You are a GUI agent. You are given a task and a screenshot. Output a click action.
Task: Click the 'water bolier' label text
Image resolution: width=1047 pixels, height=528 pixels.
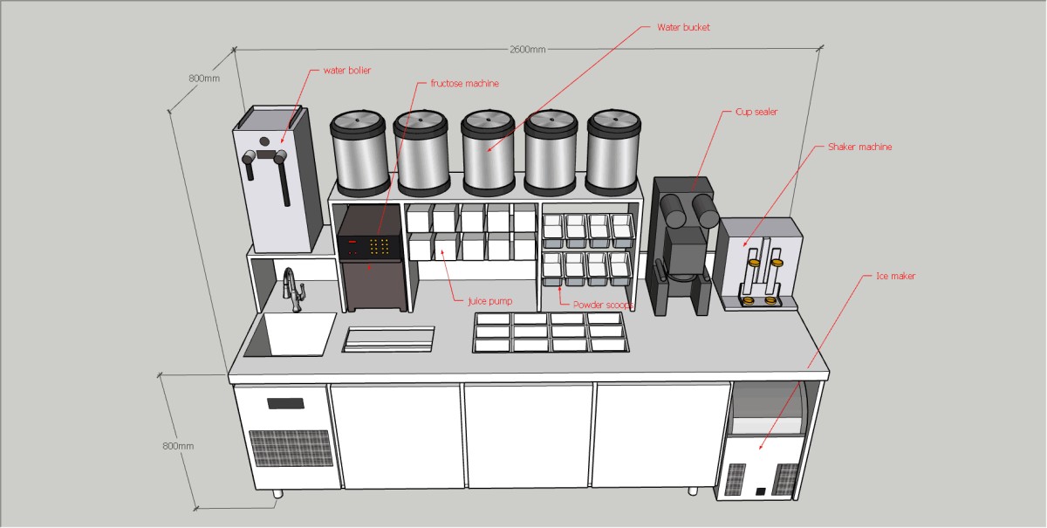347,71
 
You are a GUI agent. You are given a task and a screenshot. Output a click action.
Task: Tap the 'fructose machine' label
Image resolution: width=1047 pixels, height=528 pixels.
464,84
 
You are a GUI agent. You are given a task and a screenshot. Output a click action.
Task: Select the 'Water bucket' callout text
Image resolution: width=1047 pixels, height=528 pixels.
683,28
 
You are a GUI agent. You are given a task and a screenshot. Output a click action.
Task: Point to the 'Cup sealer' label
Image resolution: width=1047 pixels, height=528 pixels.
756,113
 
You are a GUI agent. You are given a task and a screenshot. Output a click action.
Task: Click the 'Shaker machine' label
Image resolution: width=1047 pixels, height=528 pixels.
859,147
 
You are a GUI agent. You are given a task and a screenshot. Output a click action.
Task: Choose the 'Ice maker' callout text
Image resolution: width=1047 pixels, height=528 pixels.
895,277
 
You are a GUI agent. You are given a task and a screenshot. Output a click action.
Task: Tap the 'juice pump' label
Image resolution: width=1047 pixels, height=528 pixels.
489,301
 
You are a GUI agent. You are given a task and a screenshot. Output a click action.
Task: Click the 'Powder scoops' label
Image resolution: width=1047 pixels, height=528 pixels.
603,305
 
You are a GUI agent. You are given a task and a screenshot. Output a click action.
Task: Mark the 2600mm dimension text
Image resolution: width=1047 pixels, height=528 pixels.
527,50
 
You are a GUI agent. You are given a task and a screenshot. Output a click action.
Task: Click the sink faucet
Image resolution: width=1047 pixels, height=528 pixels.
292,289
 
